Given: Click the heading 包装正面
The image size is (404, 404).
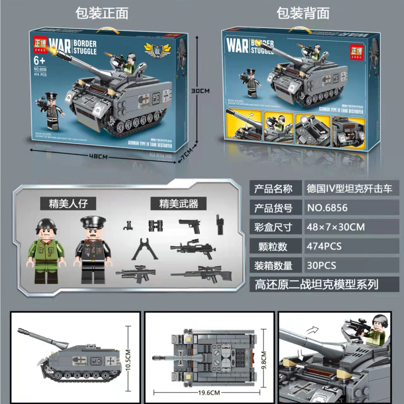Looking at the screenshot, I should [x=102, y=14].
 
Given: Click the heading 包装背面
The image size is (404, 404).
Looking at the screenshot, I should [x=303, y=14].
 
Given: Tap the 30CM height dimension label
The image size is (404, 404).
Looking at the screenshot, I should [x=200, y=91].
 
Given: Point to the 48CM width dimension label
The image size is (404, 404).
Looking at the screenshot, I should [x=98, y=156].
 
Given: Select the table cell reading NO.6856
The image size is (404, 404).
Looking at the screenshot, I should [x=327, y=208].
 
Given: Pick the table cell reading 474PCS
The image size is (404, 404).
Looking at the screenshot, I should [x=324, y=246].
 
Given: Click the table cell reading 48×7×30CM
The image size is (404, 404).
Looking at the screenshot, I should [x=336, y=227].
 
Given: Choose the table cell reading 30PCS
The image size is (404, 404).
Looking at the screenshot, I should [x=321, y=266].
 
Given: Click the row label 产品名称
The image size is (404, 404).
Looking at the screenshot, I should [x=273, y=189].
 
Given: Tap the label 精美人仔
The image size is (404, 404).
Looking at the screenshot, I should [x=68, y=204].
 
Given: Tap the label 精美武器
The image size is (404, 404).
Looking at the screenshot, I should [x=179, y=204].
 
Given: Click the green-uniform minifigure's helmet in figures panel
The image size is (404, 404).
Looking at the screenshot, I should [x=46, y=224].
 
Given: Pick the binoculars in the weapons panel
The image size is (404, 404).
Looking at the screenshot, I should [x=156, y=225].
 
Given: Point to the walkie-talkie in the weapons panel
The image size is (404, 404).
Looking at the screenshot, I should [x=220, y=225].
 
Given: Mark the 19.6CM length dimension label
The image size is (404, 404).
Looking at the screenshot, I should [x=209, y=392].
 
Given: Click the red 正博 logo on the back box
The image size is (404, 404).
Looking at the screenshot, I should [x=356, y=52].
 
